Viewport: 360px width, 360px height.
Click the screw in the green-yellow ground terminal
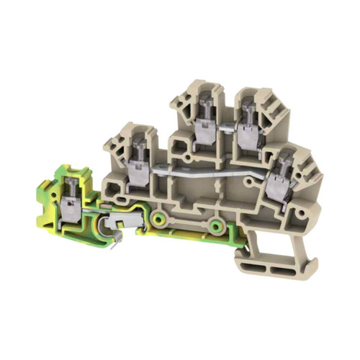(x=72, y=185)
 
